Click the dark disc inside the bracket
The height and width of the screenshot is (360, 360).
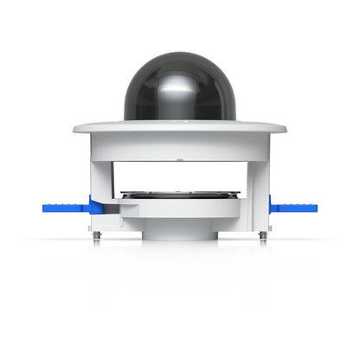179,195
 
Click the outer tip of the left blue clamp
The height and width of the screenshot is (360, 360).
42,208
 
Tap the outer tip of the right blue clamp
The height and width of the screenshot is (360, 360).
315,208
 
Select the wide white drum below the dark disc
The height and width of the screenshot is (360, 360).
179,209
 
